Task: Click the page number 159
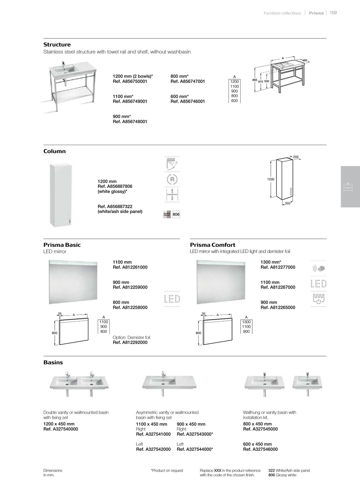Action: point(333,13)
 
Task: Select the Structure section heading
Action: point(57,45)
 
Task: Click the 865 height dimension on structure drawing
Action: point(255,80)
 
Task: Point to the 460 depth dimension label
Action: point(305,61)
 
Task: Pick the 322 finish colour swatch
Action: point(167,214)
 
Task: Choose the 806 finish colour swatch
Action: point(176,214)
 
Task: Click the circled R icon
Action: point(172,180)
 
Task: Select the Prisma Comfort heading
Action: point(213,245)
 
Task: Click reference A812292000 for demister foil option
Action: point(130,343)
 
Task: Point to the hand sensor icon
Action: point(318,268)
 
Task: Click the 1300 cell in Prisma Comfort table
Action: point(246,322)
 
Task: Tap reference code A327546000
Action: point(260,449)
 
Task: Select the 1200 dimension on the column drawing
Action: point(271,180)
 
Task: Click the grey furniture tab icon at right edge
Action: point(348,187)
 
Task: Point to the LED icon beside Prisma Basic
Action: point(172,299)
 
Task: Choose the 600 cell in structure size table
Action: point(235,101)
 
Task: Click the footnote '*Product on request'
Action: point(167,471)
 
